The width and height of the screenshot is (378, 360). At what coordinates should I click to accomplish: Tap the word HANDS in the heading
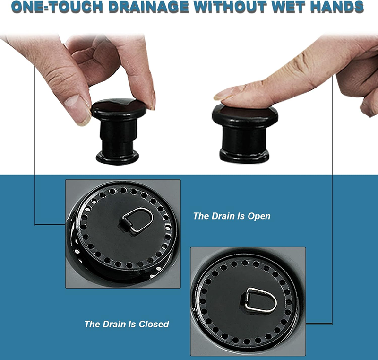(336, 7)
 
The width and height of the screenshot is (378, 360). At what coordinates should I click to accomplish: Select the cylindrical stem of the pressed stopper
(244, 138)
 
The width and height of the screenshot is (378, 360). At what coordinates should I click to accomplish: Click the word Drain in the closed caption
(114, 324)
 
